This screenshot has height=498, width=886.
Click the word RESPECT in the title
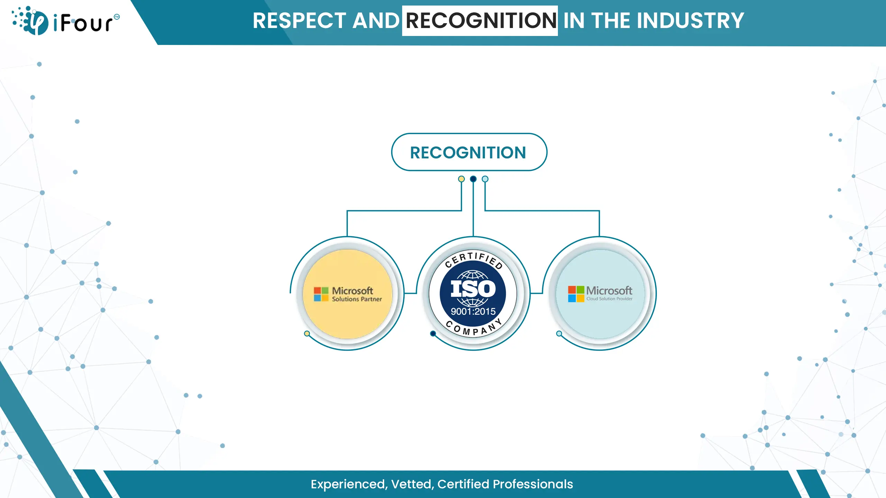[299, 21]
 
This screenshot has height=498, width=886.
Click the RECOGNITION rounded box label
[468, 153]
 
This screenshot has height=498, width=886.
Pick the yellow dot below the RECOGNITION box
[461, 179]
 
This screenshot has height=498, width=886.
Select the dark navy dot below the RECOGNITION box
[473, 179]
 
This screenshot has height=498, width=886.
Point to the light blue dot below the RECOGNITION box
[485, 179]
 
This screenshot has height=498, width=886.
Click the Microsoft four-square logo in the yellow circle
[321, 294]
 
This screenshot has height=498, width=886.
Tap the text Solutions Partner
[357, 299]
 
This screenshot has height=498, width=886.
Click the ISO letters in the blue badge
[473, 289]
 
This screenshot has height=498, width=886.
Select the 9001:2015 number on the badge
[473, 312]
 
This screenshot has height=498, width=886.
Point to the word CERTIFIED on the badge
[474, 259]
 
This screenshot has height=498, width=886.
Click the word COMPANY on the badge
[474, 328]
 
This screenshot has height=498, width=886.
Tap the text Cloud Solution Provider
[609, 299]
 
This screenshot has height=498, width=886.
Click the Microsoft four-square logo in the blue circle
[576, 294]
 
